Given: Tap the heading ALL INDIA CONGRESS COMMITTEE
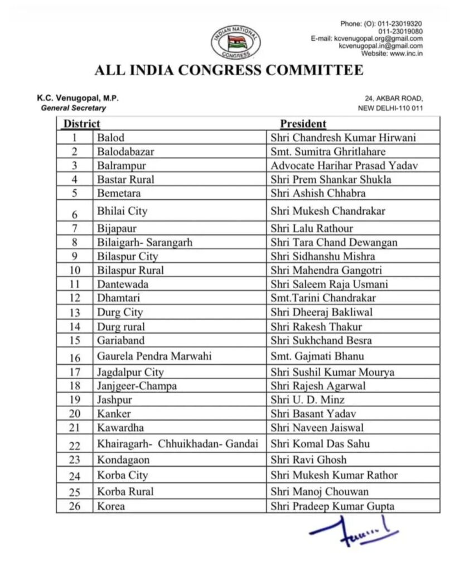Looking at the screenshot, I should pyautogui.click(x=229, y=70).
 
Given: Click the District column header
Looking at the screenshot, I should pyautogui.click(x=81, y=124).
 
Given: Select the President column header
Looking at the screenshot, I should pyautogui.click(x=303, y=124).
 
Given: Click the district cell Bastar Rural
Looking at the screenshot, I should pyautogui.click(x=125, y=179).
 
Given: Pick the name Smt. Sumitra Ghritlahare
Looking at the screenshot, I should pyautogui.click(x=328, y=151).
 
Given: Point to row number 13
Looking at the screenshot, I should pyautogui.click(x=75, y=313).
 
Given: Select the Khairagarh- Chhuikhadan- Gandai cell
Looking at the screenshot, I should pyautogui.click(x=177, y=444).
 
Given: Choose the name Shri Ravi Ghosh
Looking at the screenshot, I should pyautogui.click(x=308, y=459).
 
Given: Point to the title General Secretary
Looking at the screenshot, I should pyautogui.click(x=73, y=108).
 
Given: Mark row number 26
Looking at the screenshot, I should pyautogui.click(x=75, y=506).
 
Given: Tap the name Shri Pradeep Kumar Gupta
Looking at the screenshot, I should pyautogui.click(x=332, y=506).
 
